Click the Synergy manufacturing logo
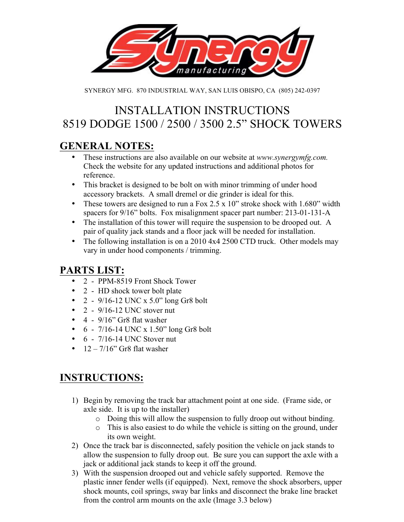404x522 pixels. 202,52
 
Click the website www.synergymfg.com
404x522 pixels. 292,157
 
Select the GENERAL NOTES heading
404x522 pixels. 107,146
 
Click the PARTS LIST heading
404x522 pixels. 92,270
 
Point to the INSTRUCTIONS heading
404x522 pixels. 102,377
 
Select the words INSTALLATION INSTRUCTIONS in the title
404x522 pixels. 202,110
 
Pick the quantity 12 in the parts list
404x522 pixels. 87,349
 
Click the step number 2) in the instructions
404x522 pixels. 75,445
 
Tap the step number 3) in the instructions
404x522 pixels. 75,473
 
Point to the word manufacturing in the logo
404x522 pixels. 211,70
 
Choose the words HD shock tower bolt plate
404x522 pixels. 140,291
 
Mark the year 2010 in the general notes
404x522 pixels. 198,241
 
